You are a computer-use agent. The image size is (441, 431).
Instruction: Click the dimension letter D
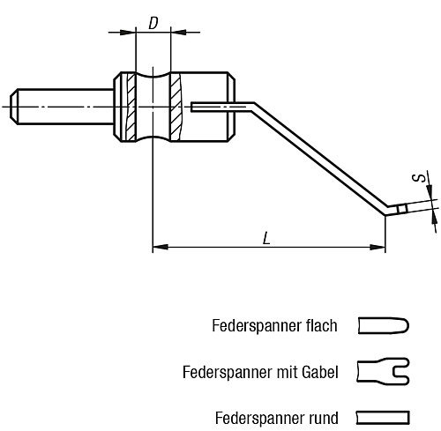tap(153, 23)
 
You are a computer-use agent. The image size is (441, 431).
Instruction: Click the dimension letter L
tap(266, 238)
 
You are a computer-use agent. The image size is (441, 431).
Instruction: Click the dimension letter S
tap(420, 178)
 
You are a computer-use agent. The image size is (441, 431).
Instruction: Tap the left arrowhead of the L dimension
tap(161, 247)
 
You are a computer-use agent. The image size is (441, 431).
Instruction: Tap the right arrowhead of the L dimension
tap(377, 247)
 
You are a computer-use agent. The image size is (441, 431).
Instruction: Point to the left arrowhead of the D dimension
tap(128, 32)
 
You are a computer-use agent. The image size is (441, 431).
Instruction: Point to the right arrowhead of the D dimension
tap(178, 32)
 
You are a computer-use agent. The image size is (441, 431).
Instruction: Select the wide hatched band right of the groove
tap(176, 107)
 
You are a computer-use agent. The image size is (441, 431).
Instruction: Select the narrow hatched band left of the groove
tap(131, 107)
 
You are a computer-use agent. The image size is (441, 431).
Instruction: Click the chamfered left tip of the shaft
tap(13, 107)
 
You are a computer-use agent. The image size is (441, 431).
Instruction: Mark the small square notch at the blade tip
tap(402, 209)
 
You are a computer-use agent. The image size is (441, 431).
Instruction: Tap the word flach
tap(321, 326)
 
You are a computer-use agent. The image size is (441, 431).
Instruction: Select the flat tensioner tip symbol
tap(383, 325)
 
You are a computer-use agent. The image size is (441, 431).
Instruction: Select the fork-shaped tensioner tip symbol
tap(383, 372)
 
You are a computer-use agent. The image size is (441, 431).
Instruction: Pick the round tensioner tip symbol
tap(383, 418)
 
